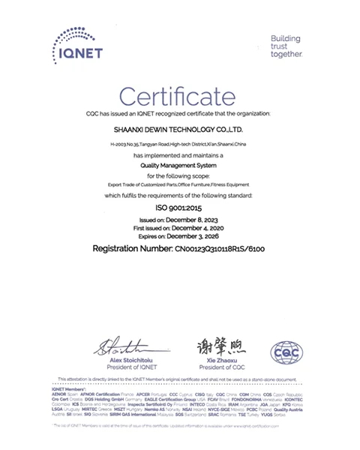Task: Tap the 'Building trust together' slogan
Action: [286, 46]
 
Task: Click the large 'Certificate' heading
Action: [180, 95]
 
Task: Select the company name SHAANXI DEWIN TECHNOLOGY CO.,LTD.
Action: [180, 129]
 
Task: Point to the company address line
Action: [180, 142]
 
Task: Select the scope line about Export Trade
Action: [180, 183]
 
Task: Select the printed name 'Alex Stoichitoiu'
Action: [121, 360]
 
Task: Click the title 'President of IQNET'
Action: [121, 367]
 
